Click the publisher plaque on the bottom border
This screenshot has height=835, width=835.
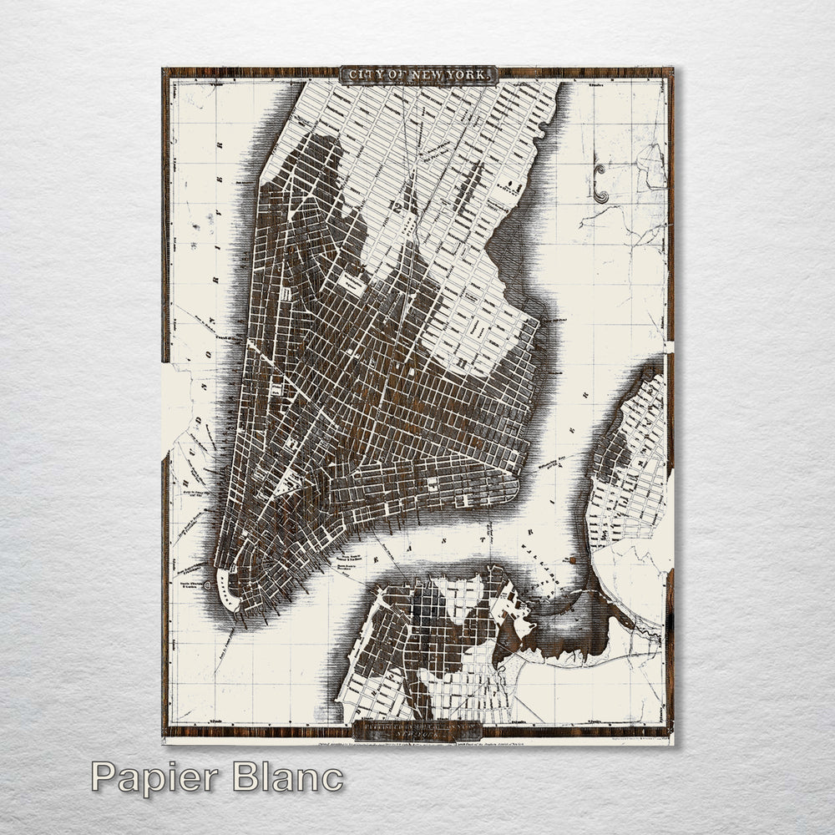click(416, 729)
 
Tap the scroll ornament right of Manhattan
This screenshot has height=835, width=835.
click(600, 183)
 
